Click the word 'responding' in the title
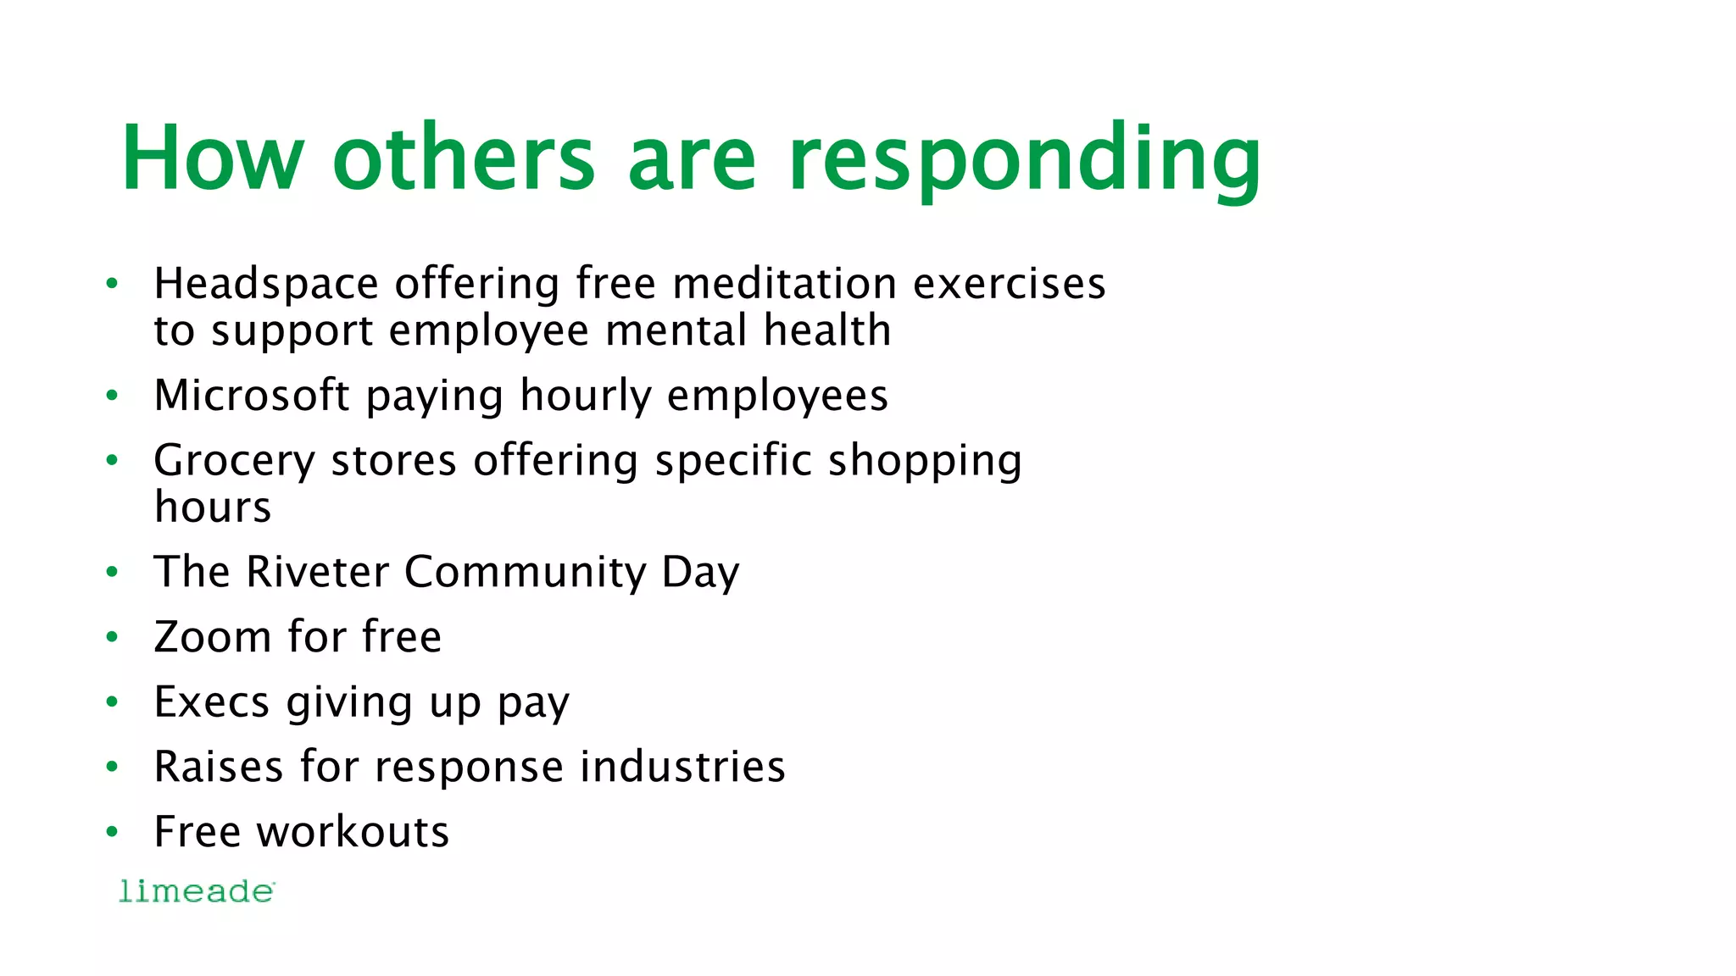(x=1024, y=161)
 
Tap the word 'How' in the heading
(x=212, y=159)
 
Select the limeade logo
(x=197, y=891)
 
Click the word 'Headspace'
(x=265, y=285)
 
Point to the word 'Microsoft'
(x=252, y=396)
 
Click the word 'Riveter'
(x=318, y=572)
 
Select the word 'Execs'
(x=211, y=702)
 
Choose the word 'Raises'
(x=218, y=768)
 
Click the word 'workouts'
(x=353, y=832)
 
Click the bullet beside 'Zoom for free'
(x=112, y=638)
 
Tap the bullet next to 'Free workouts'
(x=112, y=833)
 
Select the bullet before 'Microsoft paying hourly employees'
(x=112, y=396)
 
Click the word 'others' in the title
(x=465, y=159)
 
